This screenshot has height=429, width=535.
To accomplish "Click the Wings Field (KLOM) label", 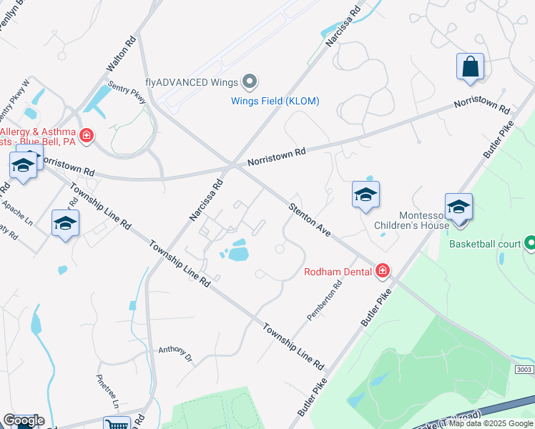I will (x=275, y=101).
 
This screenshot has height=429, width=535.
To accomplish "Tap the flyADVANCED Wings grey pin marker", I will (x=250, y=82).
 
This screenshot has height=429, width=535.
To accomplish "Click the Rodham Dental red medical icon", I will (x=383, y=270).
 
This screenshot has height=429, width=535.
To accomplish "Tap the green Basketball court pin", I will (x=530, y=244).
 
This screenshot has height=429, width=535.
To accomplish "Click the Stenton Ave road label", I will (x=310, y=221).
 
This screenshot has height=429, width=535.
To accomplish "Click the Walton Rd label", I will (x=121, y=54).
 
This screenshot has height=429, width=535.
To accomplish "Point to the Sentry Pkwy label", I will (x=127, y=92).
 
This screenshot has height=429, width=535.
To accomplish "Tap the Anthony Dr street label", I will (x=175, y=352).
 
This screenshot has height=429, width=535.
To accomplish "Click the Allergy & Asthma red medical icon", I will (x=87, y=135).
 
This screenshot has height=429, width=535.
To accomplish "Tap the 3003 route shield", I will (x=523, y=369).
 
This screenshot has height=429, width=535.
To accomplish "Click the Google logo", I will (x=23, y=420).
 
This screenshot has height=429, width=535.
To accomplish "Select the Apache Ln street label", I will (x=17, y=213).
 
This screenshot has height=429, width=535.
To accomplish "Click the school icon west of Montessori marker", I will (x=365, y=194).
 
